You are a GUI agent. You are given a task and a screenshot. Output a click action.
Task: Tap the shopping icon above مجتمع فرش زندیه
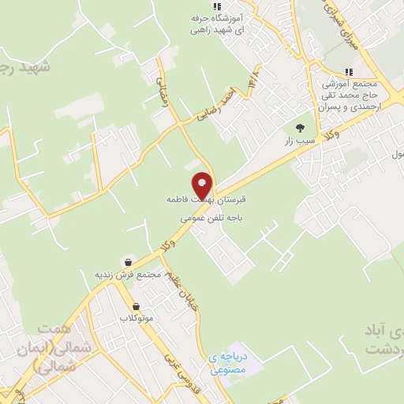[128, 261]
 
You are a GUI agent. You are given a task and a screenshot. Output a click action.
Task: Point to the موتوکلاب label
[136, 318]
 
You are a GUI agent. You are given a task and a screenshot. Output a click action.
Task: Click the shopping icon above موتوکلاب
[137, 306]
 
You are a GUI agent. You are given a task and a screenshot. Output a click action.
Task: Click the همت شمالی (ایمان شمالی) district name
[65, 346]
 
